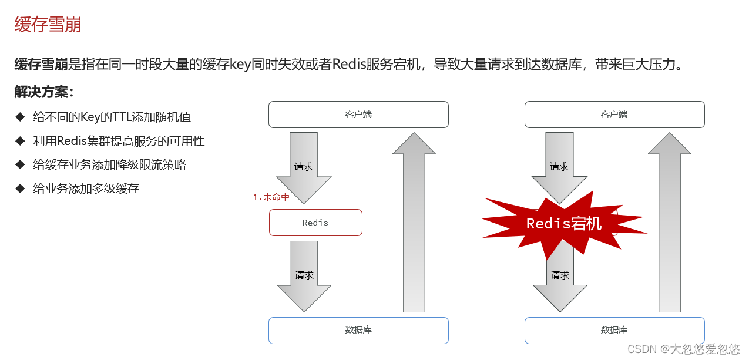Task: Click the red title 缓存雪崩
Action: pyautogui.click(x=48, y=25)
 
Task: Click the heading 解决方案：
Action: pyautogui.click(x=45, y=92)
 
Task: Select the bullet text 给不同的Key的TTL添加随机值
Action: pyautogui.click(x=112, y=117)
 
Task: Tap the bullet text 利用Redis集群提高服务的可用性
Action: pyautogui.click(x=119, y=141)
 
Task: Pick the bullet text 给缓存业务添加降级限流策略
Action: pyautogui.click(x=109, y=164)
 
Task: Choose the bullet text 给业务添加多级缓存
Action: pyautogui.click(x=86, y=189)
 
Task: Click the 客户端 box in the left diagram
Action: pyautogui.click(x=358, y=115)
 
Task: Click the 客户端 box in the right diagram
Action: pyautogui.click(x=614, y=115)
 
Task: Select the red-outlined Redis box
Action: pyautogui.click(x=315, y=223)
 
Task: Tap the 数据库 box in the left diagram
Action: pyautogui.click(x=358, y=330)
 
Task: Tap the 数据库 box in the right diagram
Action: pyautogui.click(x=614, y=330)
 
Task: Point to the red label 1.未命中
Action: pyautogui.click(x=271, y=197)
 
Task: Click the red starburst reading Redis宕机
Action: pyautogui.click(x=563, y=224)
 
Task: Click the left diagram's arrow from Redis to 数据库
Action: pyautogui.click(x=304, y=274)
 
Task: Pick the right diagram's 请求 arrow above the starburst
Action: pyautogui.click(x=559, y=164)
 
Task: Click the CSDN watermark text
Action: pyautogui.click(x=683, y=349)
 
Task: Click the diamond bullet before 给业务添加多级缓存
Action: pyautogui.click(x=21, y=189)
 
